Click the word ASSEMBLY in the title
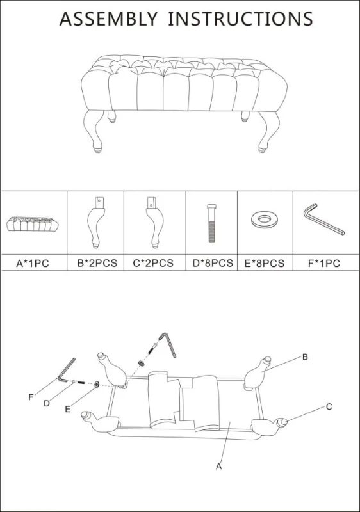click(108, 19)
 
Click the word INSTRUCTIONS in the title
click(240, 19)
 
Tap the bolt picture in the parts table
click(211, 223)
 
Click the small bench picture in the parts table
click(33, 223)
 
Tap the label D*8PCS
click(213, 263)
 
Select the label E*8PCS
click(265, 263)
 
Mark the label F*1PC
click(324, 263)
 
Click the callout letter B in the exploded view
click(305, 357)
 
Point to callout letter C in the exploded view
click(329, 406)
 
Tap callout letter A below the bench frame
click(219, 467)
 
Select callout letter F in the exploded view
click(31, 397)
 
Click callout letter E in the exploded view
click(68, 409)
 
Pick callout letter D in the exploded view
click(47, 404)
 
